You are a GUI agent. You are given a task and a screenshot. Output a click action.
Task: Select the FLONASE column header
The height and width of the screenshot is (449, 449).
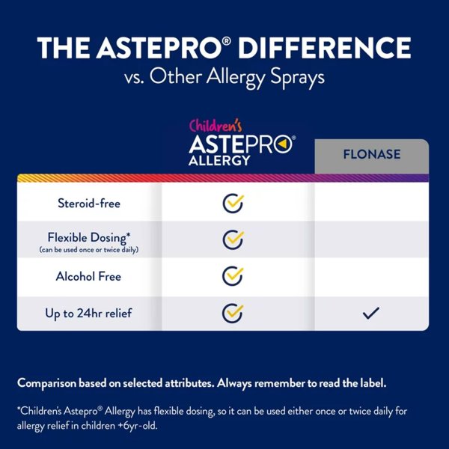click(x=371, y=155)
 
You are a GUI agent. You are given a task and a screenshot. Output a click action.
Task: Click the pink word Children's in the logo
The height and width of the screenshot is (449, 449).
click(x=214, y=126)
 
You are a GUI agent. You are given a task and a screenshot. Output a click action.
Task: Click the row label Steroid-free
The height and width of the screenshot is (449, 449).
click(x=89, y=203)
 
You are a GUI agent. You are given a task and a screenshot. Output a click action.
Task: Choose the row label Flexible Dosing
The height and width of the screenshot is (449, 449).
click(x=89, y=236)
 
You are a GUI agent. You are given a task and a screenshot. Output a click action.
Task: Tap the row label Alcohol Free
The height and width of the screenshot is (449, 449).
click(x=88, y=276)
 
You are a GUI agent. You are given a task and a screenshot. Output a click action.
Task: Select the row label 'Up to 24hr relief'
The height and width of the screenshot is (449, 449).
click(x=89, y=313)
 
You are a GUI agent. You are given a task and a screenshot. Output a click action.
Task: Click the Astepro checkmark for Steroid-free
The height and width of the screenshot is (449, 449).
click(x=233, y=203)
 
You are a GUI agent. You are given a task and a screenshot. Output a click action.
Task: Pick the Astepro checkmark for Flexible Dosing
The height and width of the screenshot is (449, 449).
click(x=233, y=239)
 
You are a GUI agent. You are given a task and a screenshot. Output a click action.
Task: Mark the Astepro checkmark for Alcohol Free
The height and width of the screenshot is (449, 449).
click(x=233, y=276)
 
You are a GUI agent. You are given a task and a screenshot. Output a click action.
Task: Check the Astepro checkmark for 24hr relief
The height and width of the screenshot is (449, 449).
click(x=233, y=313)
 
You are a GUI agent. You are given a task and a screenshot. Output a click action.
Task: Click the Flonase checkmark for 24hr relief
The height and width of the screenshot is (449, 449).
click(x=371, y=314)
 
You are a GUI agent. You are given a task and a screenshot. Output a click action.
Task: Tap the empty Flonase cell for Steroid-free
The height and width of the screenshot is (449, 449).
click(x=371, y=203)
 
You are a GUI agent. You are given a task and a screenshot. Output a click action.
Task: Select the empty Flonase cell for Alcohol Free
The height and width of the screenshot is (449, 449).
click(x=371, y=276)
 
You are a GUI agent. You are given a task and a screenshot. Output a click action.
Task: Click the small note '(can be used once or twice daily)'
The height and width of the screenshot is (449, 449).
click(x=89, y=249)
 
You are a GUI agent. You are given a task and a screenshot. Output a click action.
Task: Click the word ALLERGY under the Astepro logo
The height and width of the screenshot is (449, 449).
click(x=219, y=160)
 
